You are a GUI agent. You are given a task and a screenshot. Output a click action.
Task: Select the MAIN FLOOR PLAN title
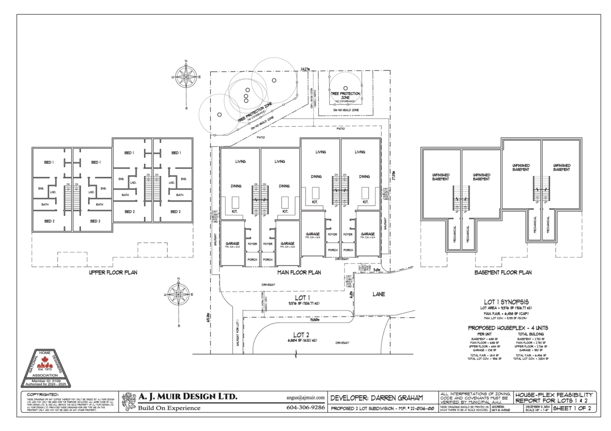pyautogui.click(x=299, y=272)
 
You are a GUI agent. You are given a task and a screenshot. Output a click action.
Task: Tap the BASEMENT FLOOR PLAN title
pyautogui.click(x=503, y=272)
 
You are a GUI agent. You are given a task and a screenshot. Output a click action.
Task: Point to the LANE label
pyautogui.click(x=378, y=294)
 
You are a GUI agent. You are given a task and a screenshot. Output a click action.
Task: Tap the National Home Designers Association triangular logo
pyautogui.click(x=46, y=368)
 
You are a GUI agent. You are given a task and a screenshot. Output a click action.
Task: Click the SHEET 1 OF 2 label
pyautogui.click(x=572, y=408)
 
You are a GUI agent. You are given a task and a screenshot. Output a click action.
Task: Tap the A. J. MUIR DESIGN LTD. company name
pyautogui.click(x=188, y=397)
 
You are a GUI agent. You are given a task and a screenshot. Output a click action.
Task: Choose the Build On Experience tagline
pyautogui.click(x=170, y=408)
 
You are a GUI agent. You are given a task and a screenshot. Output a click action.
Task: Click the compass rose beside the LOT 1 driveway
pyautogui.click(x=178, y=295)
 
